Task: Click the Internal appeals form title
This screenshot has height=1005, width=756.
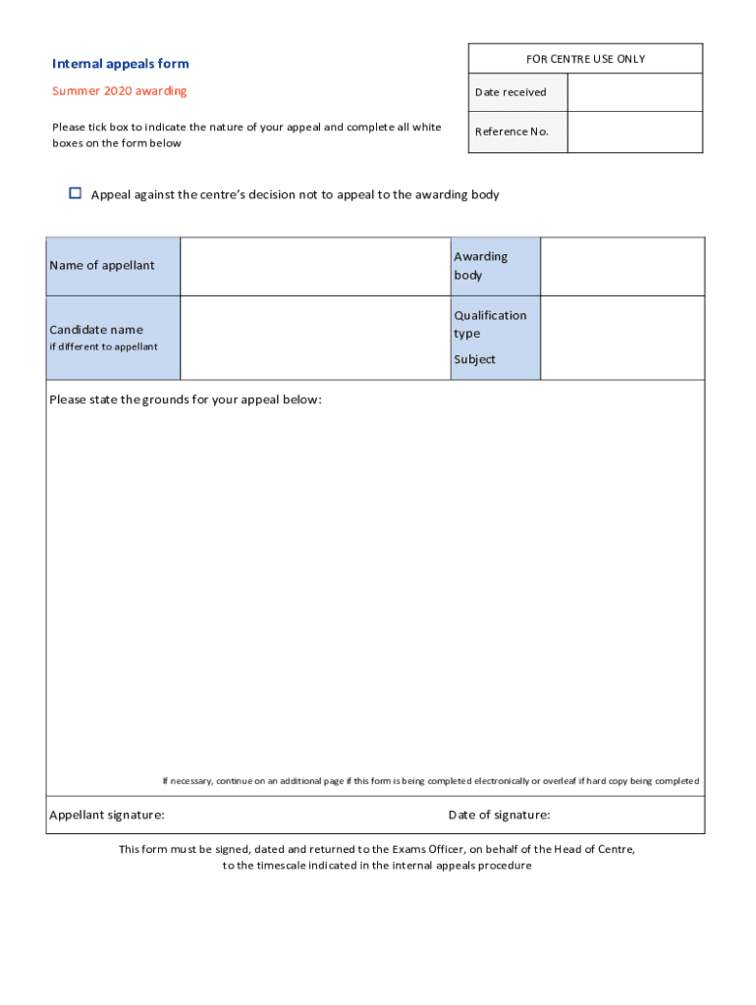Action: click(120, 64)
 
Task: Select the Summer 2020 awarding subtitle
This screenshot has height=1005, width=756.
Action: click(119, 91)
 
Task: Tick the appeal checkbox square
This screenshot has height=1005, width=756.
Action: click(75, 193)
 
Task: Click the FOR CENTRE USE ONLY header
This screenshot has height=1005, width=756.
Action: click(585, 59)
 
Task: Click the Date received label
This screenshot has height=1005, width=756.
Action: click(511, 92)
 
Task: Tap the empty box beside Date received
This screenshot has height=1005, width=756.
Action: click(634, 92)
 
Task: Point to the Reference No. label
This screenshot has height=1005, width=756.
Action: click(512, 132)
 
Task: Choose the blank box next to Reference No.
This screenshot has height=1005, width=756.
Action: click(634, 132)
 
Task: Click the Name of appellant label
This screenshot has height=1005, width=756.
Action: click(102, 266)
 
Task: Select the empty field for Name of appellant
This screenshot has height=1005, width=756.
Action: click(315, 266)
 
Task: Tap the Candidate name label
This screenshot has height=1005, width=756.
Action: click(96, 330)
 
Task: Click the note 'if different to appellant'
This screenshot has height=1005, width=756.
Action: click(103, 346)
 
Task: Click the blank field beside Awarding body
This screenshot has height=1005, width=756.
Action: click(621, 266)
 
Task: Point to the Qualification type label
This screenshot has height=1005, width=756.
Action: click(490, 324)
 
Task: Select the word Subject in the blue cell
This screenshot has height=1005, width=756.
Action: click(474, 359)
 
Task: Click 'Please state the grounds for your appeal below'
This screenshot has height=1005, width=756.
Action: click(186, 399)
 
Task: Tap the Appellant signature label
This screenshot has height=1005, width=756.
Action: click(107, 815)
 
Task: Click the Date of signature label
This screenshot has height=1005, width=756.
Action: click(499, 815)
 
